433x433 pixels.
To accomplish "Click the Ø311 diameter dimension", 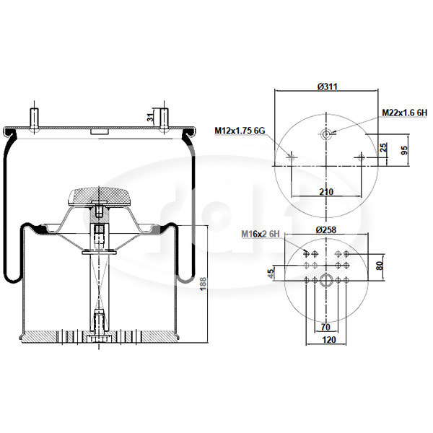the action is tap(327, 87).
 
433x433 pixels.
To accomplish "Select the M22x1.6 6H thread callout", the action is tap(405, 113).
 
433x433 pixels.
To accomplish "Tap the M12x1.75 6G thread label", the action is tap(240, 131).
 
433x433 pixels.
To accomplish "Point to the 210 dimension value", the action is tap(326, 191).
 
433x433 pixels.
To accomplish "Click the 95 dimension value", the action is tap(403, 150).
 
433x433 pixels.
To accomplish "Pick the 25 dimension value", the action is tap(384, 147).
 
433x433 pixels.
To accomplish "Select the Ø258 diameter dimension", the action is tap(326, 229).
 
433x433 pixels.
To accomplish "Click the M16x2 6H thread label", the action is tap(261, 234).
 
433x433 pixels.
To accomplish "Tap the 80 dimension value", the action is tap(380, 266).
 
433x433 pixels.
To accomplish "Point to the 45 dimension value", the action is tap(271, 273).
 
